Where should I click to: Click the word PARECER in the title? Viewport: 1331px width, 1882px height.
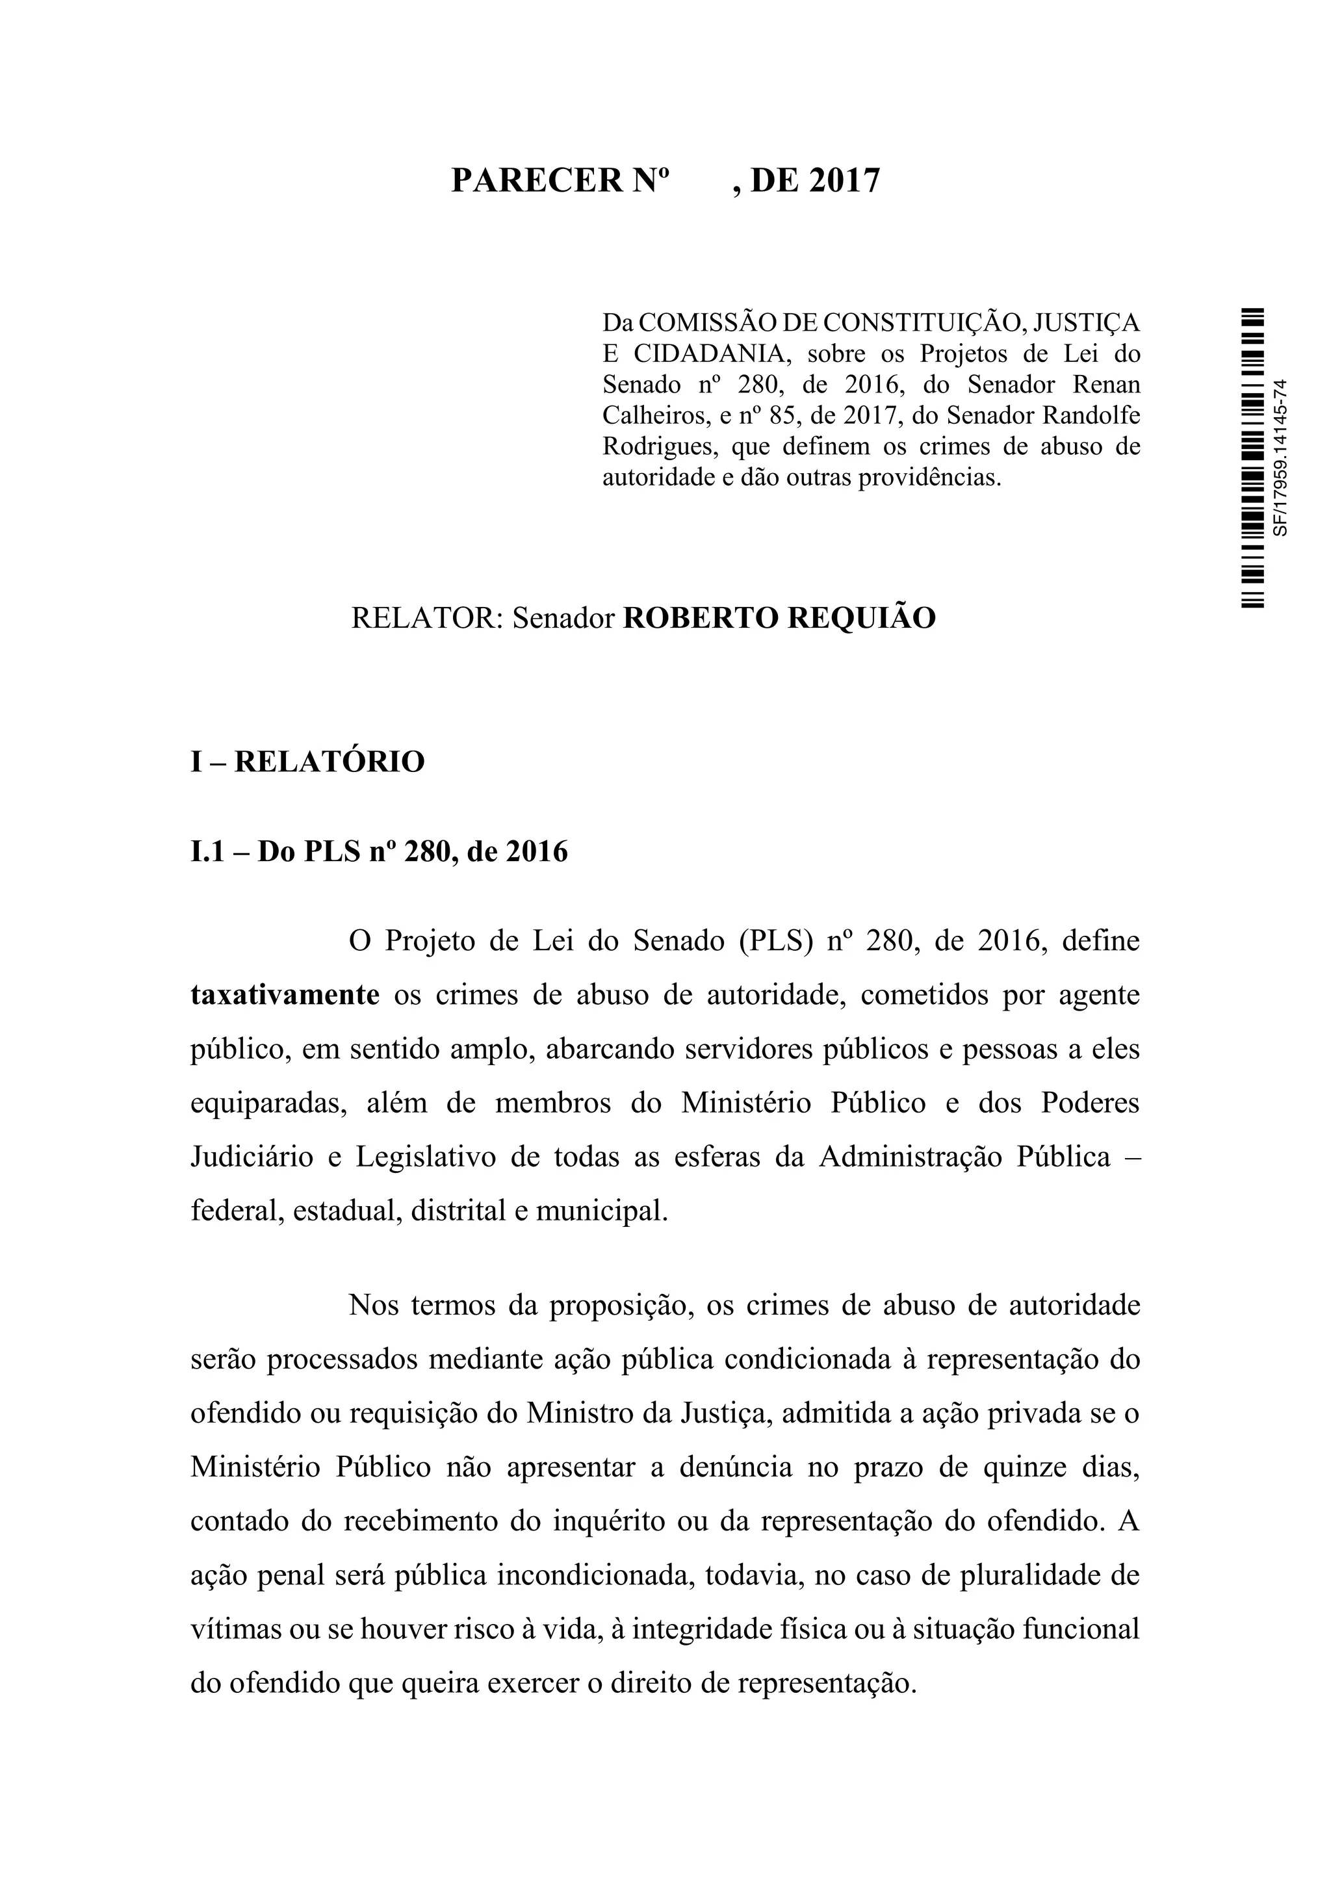[x=537, y=180]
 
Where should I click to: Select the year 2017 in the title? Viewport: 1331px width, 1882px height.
[x=844, y=180]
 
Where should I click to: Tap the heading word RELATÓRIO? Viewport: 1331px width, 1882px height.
[x=330, y=762]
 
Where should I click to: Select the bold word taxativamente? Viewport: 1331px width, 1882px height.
[x=285, y=995]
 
